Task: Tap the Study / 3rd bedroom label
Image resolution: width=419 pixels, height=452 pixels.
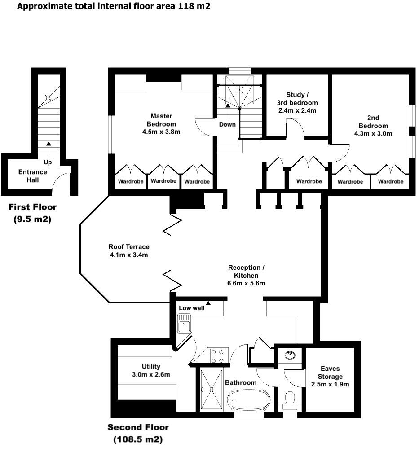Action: click(297, 102)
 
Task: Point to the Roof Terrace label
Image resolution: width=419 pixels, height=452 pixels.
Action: click(129, 250)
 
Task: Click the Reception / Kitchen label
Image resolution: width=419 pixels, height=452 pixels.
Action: click(246, 275)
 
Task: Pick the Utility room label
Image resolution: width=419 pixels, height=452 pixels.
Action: click(150, 370)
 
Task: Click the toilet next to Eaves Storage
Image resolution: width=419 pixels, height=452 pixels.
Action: click(290, 398)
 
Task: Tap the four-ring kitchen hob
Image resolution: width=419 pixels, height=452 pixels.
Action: click(218, 356)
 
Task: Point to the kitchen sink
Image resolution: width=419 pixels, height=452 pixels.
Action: click(184, 323)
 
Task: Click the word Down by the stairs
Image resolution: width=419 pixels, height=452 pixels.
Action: click(227, 124)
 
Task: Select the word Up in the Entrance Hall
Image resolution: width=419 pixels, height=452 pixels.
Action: click(47, 162)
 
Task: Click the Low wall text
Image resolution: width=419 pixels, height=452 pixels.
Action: click(191, 308)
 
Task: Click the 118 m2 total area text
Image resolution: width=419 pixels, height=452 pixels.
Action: click(193, 6)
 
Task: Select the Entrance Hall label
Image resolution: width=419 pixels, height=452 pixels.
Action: click(32, 176)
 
